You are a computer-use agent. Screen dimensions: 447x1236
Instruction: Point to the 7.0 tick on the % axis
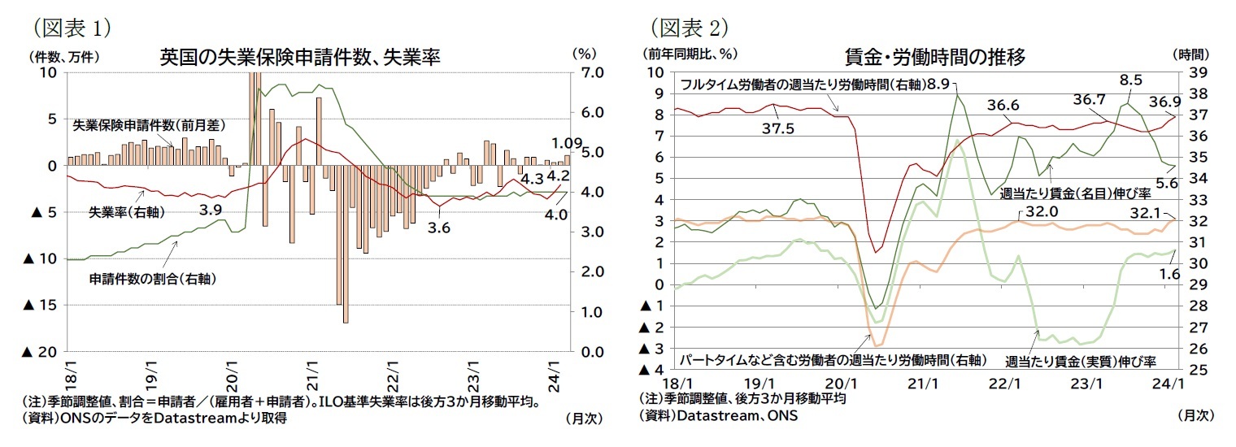tap(587, 72)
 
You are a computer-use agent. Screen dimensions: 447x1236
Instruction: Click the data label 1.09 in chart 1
tap(565, 144)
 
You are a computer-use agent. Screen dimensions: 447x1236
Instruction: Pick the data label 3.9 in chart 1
tap(212, 210)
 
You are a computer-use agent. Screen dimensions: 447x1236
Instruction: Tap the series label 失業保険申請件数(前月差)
tap(150, 125)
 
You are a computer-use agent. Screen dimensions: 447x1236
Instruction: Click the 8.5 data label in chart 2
tap(1130, 80)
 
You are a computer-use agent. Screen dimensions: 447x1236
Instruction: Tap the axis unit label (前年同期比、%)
tap(689, 54)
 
